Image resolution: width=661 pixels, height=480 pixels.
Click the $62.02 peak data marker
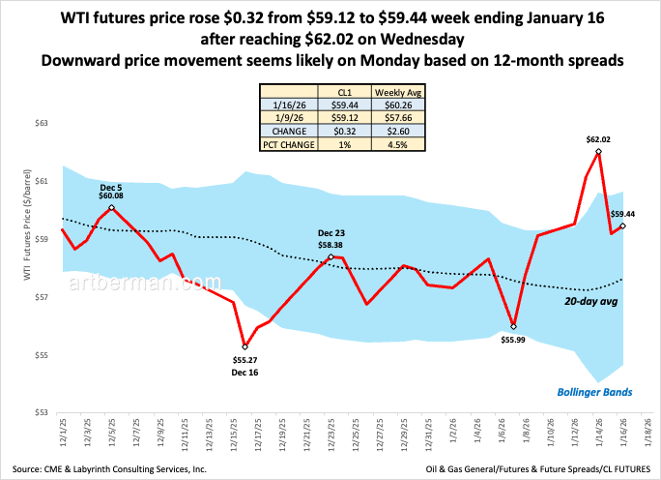[x=599, y=152]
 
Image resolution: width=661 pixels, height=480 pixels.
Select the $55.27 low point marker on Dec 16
[x=244, y=346]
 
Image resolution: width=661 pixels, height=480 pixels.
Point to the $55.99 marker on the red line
[x=513, y=326]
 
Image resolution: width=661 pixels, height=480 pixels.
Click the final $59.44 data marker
[x=622, y=226]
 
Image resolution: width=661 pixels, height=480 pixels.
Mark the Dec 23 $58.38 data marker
[x=331, y=256]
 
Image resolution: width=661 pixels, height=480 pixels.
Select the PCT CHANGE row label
[x=289, y=144]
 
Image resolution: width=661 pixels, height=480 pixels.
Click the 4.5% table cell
[x=396, y=144]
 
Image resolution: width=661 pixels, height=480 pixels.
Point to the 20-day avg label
[x=591, y=302]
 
